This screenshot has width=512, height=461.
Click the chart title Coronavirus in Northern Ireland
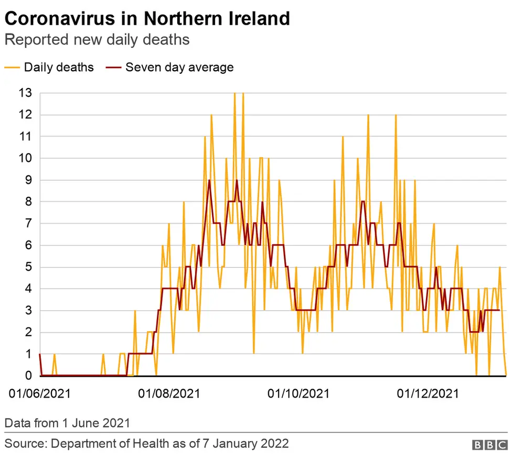tap(147, 18)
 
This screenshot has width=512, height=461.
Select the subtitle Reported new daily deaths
tap(97, 40)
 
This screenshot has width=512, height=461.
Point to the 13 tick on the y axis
tap(25, 93)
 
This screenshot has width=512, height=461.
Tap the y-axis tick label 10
tap(25, 158)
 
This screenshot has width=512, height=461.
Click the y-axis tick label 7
tap(28, 223)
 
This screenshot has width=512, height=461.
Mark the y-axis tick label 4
tap(28, 289)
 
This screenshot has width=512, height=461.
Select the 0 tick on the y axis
tap(28, 376)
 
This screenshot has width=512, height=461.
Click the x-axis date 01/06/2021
tap(40, 393)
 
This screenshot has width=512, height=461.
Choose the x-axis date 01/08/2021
tap(169, 393)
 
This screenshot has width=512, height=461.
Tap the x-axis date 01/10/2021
tap(298, 393)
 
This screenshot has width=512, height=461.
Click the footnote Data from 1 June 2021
tap(67, 423)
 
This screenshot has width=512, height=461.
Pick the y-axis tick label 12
tap(25, 115)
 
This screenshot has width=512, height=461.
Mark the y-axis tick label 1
tap(28, 354)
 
